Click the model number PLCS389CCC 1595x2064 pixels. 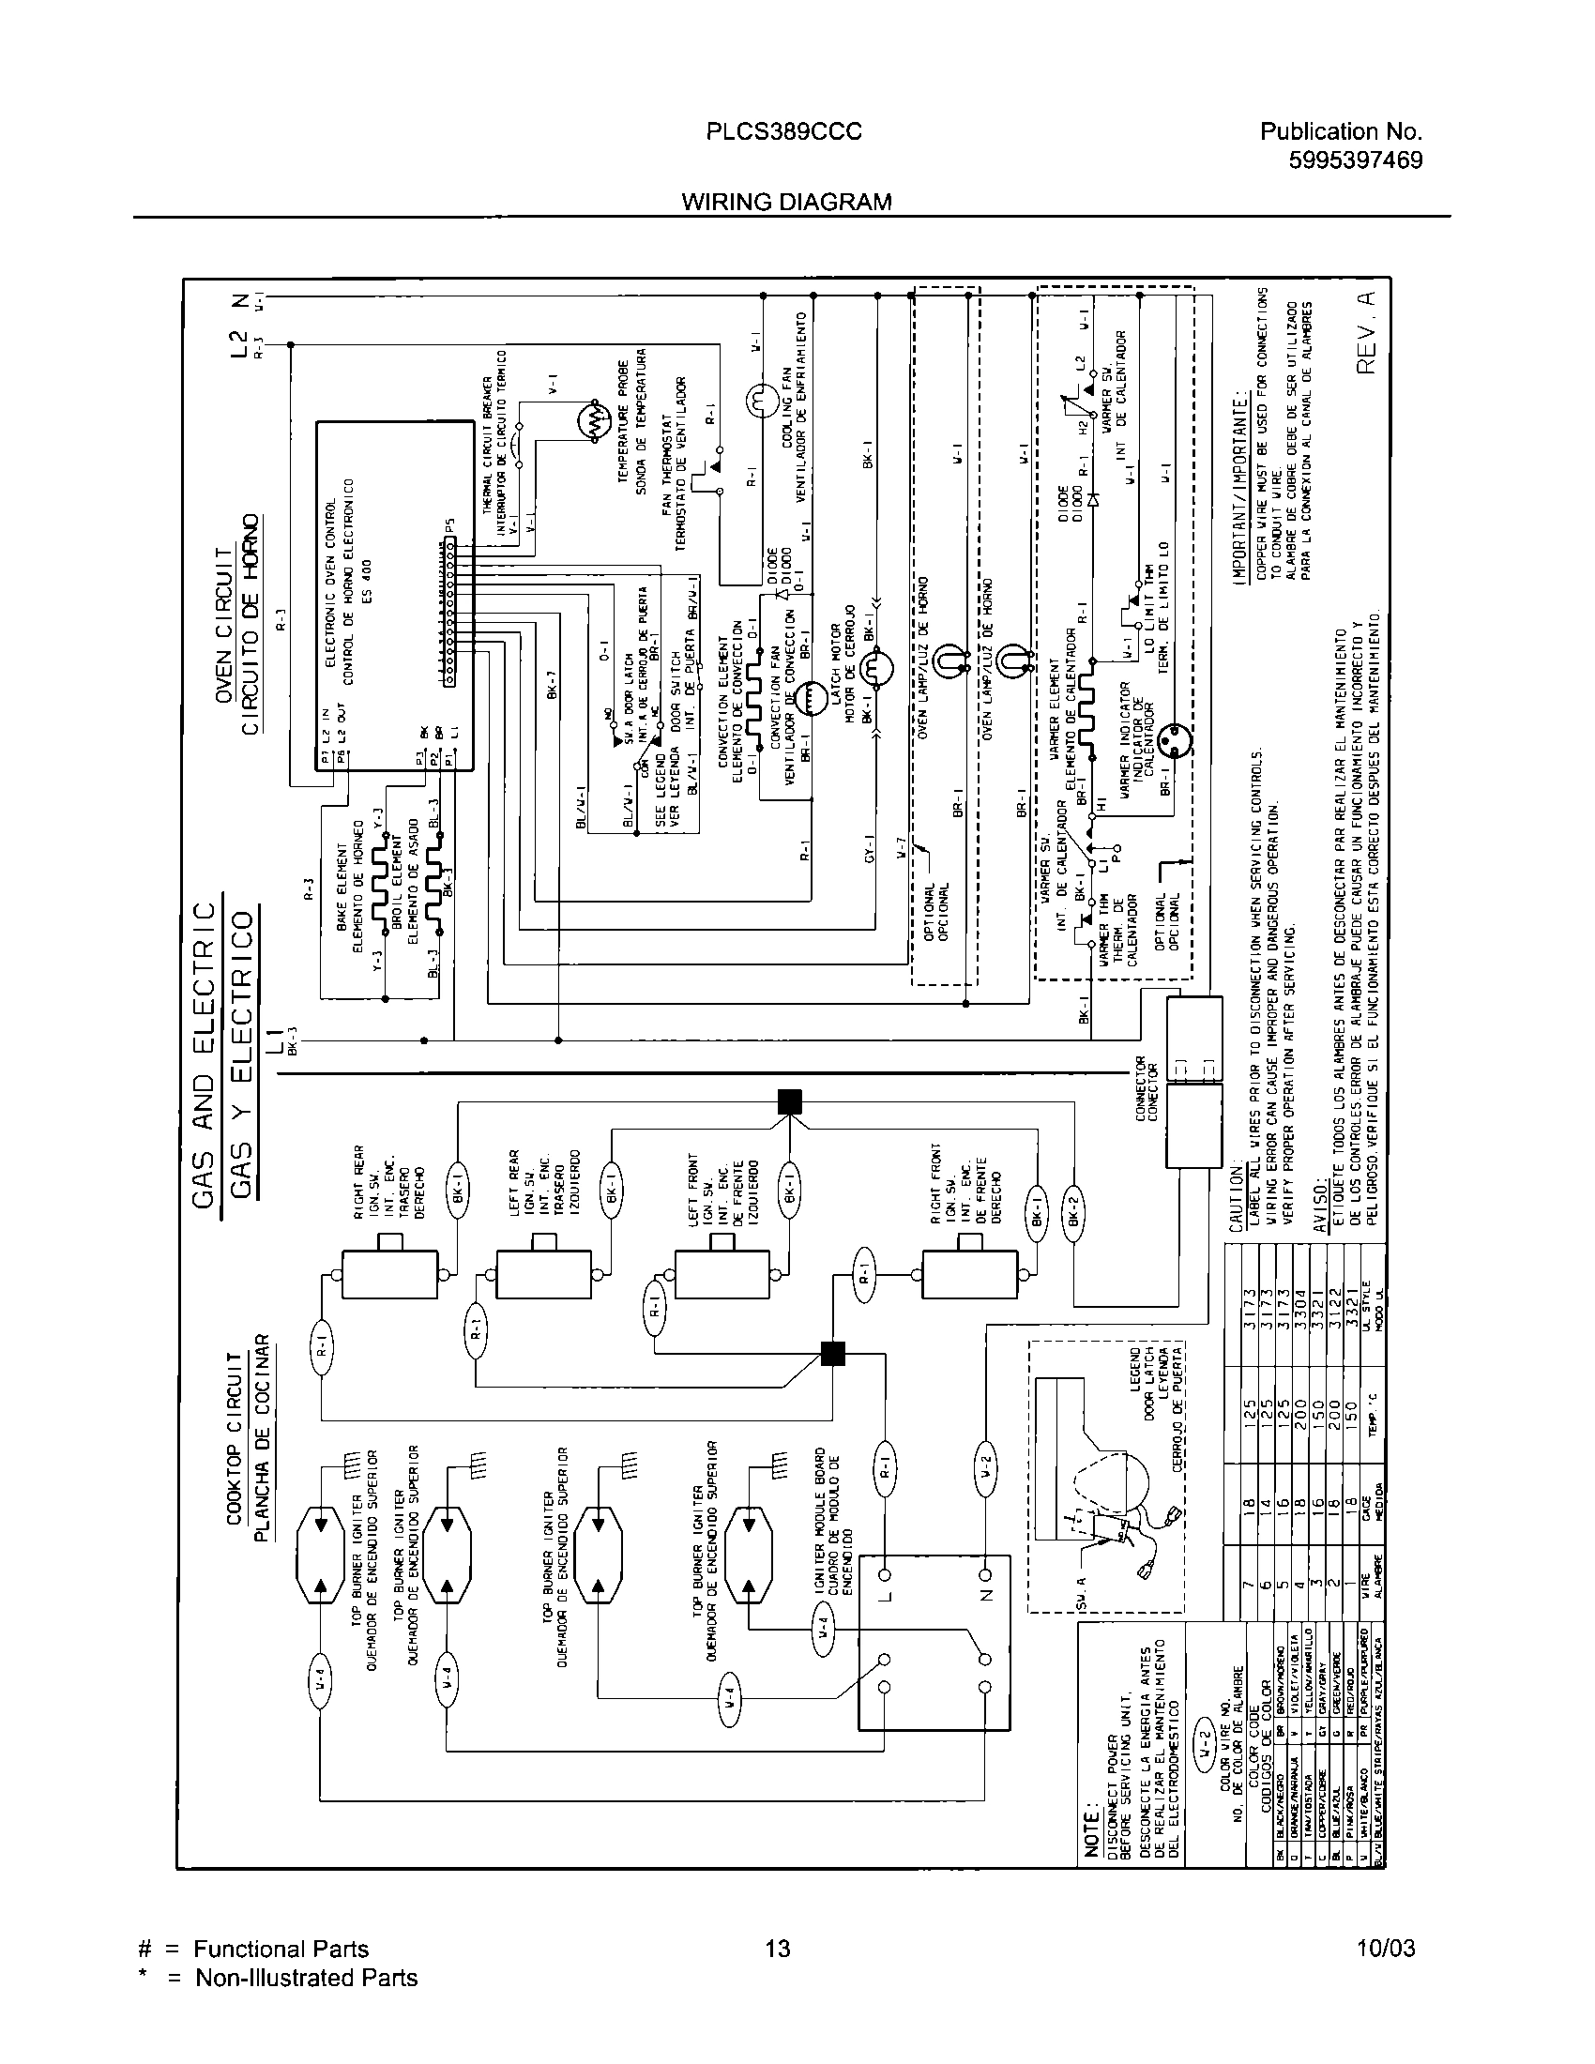click(x=783, y=132)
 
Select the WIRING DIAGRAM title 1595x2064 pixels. click(x=786, y=202)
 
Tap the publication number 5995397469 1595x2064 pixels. click(x=1355, y=159)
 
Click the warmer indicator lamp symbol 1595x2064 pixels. click(x=1177, y=738)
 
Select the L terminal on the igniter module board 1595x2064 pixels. click(x=886, y=1574)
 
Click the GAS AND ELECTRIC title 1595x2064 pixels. click(x=205, y=1054)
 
